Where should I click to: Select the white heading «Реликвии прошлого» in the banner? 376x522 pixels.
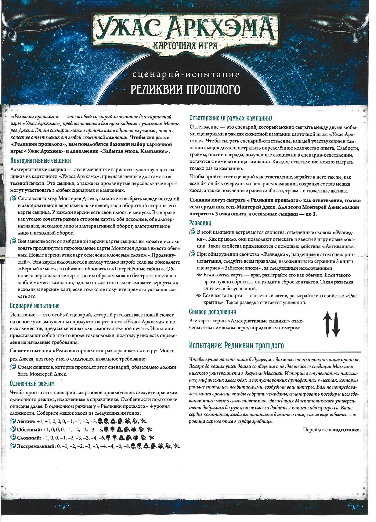pos(185,90)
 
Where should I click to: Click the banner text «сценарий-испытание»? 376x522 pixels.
pos(186,75)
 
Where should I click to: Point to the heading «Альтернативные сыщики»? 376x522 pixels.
pos(41,161)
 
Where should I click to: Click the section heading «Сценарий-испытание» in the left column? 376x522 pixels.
pos(34,306)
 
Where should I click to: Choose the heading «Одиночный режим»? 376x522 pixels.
pos(32,383)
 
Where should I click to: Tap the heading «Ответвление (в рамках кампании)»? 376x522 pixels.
pos(231,118)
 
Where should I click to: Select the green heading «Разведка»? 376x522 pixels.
pos(200,223)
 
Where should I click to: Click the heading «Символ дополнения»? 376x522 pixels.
pos(212,312)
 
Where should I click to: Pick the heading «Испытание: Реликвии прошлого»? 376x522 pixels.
pos(237,346)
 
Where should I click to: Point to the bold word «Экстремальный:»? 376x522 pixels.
pos(36,446)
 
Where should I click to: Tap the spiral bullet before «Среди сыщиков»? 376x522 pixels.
pos(13,367)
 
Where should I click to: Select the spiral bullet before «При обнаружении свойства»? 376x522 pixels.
pos(192,254)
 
